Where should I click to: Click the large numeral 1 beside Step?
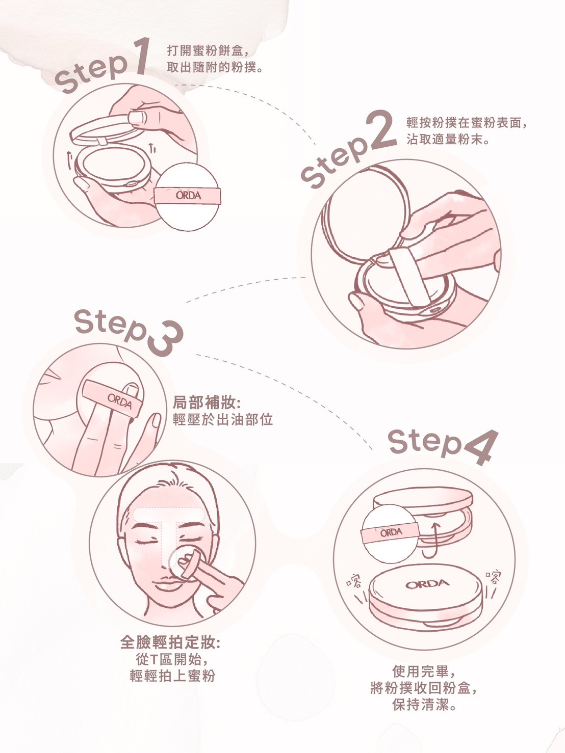click(x=136, y=58)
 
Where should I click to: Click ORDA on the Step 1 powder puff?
click(x=189, y=195)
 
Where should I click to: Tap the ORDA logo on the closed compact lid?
click(x=427, y=583)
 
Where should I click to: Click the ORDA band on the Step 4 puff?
click(x=391, y=533)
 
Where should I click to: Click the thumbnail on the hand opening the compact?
click(x=138, y=120)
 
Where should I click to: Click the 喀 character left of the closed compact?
click(x=353, y=580)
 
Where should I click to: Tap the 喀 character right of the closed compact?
click(x=493, y=578)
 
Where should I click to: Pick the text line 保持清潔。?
click(x=424, y=706)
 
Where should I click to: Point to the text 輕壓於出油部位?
click(x=223, y=419)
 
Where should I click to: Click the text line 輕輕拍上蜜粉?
click(x=172, y=676)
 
